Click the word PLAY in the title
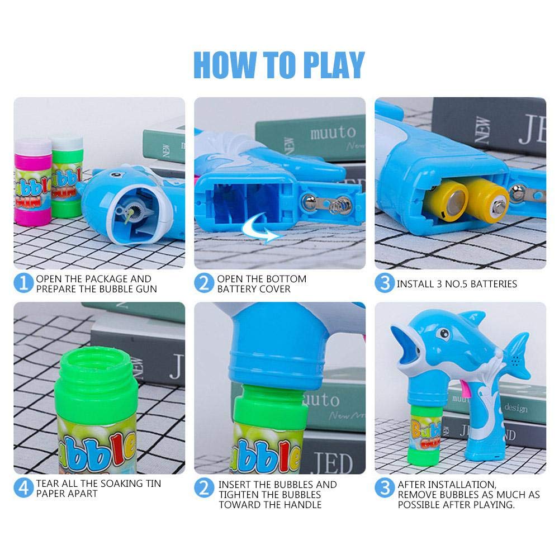tap(333, 64)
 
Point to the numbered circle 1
tap(23, 283)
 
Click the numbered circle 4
tap(23, 488)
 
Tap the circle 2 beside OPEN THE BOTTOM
tap(204, 283)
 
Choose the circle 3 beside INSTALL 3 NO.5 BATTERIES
tap(385, 283)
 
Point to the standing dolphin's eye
tap(444, 334)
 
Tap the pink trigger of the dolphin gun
tap(465, 389)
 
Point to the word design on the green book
tap(516, 408)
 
